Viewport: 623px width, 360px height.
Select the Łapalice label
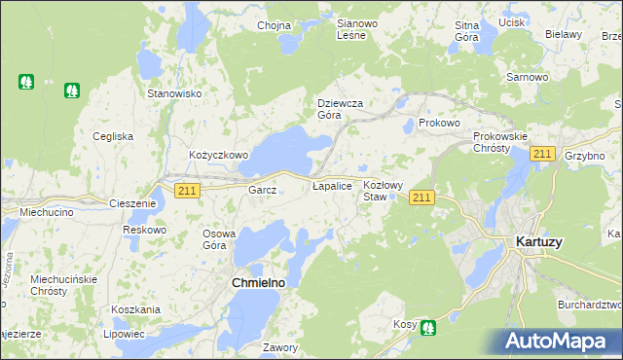click(x=331, y=185)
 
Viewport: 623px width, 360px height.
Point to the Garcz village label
click(x=263, y=190)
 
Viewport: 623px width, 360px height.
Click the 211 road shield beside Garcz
click(x=188, y=191)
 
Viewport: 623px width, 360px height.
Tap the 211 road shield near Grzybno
click(x=543, y=155)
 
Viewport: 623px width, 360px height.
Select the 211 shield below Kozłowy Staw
click(x=421, y=198)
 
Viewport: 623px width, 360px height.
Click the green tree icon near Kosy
click(x=427, y=328)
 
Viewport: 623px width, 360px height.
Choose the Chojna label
click(x=275, y=25)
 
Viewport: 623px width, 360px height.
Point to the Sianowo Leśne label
click(x=350, y=28)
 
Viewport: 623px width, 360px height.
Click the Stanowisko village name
click(x=173, y=93)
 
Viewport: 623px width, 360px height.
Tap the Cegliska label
click(x=113, y=136)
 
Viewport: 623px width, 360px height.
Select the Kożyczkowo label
click(x=219, y=155)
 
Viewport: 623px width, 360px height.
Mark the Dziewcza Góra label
click(x=340, y=108)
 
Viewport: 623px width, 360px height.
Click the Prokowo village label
click(x=438, y=124)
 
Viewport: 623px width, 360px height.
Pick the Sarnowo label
click(x=525, y=76)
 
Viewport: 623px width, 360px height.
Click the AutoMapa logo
click(x=561, y=341)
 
